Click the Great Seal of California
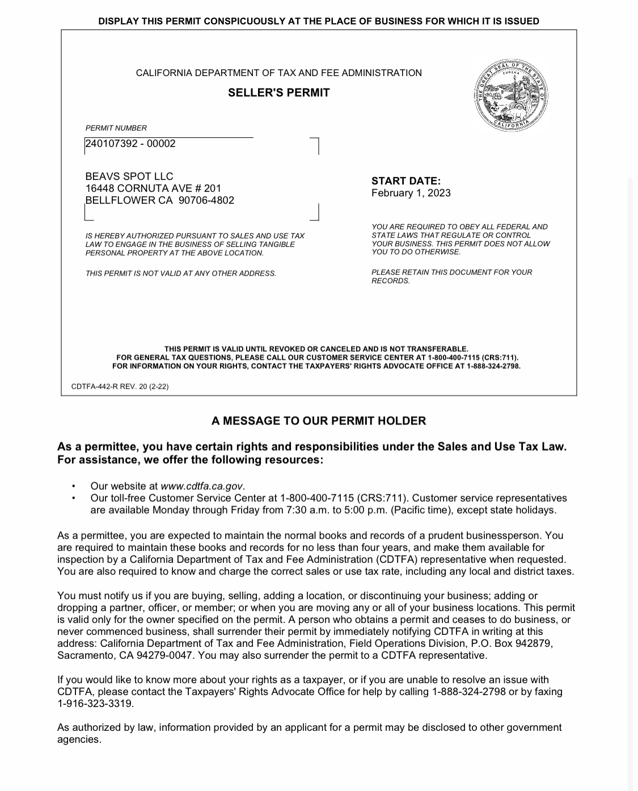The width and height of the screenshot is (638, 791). point(512,95)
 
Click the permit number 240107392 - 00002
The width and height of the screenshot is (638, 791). point(130,144)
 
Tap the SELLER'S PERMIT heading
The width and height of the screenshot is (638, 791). point(278,92)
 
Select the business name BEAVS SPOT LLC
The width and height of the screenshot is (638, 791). point(129,176)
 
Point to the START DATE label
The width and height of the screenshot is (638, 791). point(405,181)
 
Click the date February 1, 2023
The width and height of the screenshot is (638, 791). point(411,193)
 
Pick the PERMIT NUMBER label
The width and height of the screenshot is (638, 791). point(116,128)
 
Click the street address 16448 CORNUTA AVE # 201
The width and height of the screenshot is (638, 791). point(153,188)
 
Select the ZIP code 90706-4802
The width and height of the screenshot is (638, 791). point(206,200)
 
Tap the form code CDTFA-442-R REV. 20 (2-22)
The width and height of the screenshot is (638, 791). point(120,386)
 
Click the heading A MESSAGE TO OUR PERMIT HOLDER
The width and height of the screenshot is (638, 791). point(318,421)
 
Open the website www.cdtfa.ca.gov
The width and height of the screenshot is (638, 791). point(202,486)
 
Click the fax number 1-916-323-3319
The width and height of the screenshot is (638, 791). point(95,704)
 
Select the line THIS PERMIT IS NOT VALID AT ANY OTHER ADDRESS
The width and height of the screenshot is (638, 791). point(180,274)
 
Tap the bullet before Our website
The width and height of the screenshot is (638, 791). point(73,486)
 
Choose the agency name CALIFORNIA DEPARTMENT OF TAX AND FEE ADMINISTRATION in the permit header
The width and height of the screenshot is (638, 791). point(278,73)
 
